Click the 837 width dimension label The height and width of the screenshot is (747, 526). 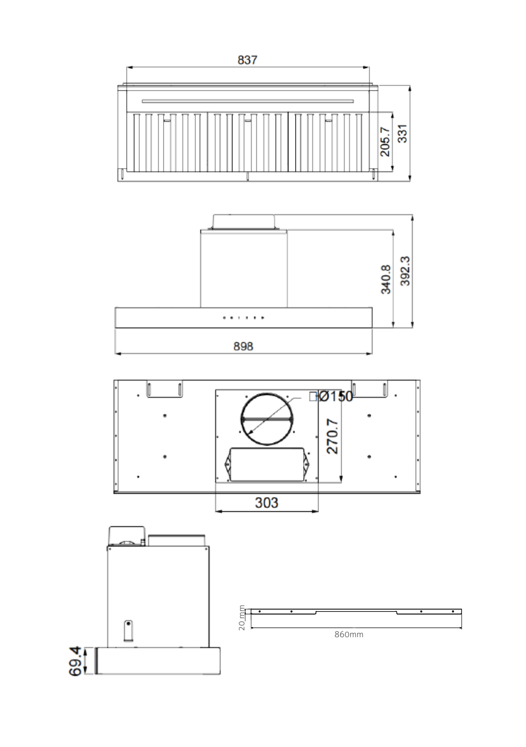click(x=247, y=60)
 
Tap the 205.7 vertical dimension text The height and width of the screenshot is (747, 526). click(x=385, y=142)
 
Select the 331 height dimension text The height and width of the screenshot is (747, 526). click(x=403, y=133)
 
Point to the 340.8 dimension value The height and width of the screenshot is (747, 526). click(x=386, y=279)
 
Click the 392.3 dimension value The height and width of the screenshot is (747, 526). click(x=405, y=271)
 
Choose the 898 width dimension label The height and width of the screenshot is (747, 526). click(x=243, y=346)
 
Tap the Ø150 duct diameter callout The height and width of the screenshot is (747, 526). click(x=335, y=396)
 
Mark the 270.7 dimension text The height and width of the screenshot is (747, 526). click(x=332, y=436)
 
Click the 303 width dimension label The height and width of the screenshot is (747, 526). click(x=266, y=503)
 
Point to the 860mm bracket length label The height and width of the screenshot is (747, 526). click(x=348, y=634)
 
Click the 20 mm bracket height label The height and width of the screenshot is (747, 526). click(x=242, y=618)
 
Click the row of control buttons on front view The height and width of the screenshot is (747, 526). click(x=244, y=318)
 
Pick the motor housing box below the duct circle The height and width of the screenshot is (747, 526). click(x=267, y=464)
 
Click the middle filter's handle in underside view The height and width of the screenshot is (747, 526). click(x=248, y=121)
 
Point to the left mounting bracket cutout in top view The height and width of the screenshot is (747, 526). click(x=164, y=390)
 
